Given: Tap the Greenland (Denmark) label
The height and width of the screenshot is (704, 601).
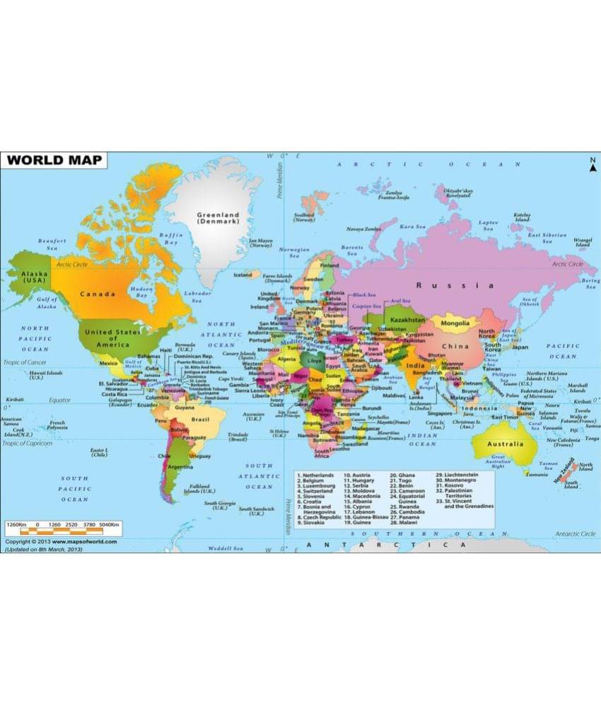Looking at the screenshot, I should tap(218, 217).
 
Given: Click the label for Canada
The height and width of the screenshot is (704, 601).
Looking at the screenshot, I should tap(98, 294).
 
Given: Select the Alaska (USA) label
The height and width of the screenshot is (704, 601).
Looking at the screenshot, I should tap(33, 276).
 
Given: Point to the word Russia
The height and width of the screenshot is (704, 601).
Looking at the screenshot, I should tap(455, 285).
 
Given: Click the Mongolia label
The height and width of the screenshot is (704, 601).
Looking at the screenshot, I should tap(455, 323).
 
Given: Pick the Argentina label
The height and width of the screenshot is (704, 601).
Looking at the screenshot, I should tap(181, 468).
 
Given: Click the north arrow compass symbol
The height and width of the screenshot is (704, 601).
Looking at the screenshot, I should tap(593, 166).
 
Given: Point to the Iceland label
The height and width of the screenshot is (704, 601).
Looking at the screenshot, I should tap(242, 275).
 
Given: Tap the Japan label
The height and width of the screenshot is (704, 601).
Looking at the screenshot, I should tap(520, 347).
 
